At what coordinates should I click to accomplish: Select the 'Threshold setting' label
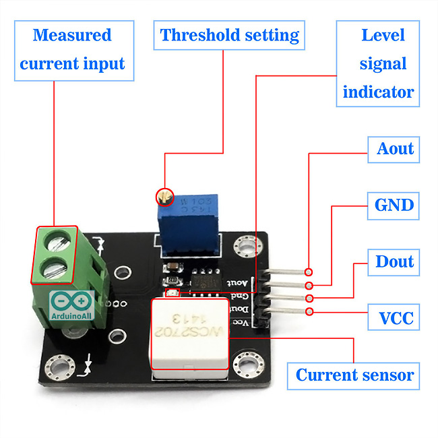coord(229,35)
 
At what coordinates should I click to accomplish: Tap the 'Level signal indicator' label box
coord(377,63)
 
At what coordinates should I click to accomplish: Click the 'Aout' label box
coord(394,149)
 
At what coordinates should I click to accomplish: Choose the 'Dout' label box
coord(394,261)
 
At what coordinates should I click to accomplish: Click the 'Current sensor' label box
coord(354,375)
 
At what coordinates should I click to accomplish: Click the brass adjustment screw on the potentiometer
coord(162,197)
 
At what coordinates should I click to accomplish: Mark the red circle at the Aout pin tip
coord(309,272)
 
